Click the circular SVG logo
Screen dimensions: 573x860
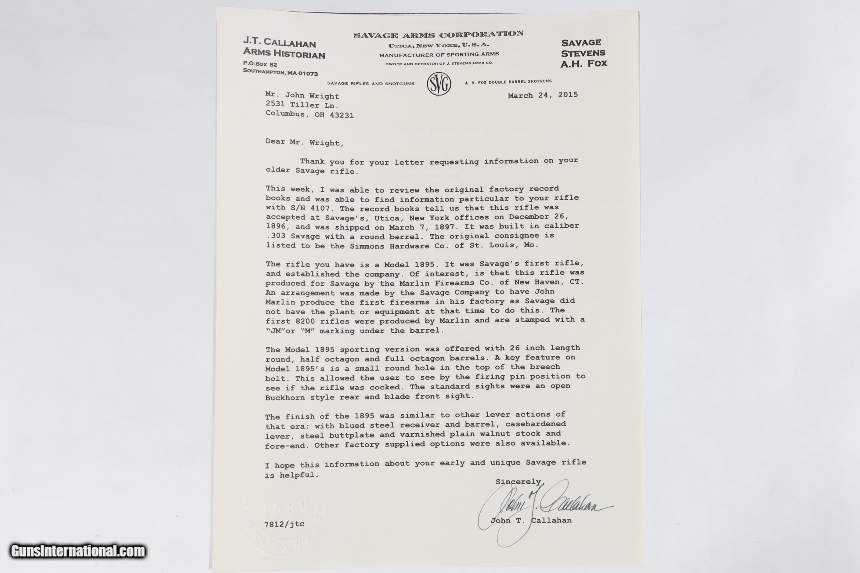click(x=439, y=84)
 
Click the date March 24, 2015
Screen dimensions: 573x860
click(x=542, y=95)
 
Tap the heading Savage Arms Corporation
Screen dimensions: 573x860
click(x=438, y=35)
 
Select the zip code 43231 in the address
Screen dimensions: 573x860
click(x=341, y=116)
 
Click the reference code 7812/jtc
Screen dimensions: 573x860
click(x=284, y=524)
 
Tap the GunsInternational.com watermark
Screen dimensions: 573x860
click(x=78, y=551)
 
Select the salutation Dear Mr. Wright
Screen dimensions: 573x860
click(x=304, y=142)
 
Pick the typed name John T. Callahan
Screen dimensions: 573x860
click(x=531, y=520)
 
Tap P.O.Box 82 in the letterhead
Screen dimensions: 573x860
click(x=260, y=64)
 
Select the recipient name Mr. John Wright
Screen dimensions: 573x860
click(x=302, y=96)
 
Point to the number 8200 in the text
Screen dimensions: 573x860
click(x=302, y=322)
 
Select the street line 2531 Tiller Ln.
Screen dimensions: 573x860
click(x=302, y=105)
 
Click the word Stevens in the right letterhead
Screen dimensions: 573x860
click(x=583, y=53)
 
